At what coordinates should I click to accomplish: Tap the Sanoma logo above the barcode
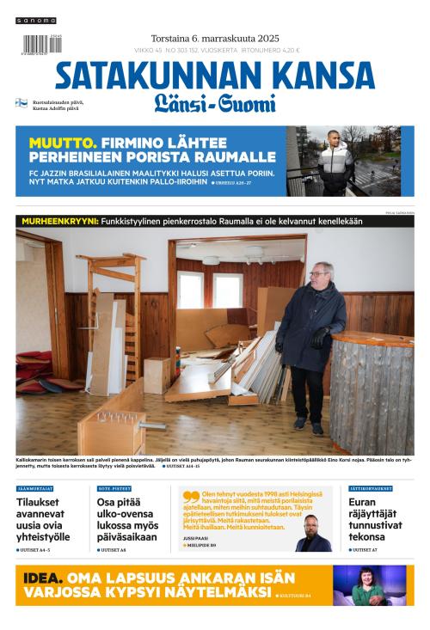pyautogui.click(x=35, y=20)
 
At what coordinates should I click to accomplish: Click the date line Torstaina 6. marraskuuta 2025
pyautogui.click(x=214, y=38)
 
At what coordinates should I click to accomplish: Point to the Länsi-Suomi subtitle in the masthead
pyautogui.click(x=214, y=104)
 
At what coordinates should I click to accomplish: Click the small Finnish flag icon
pyautogui.click(x=21, y=103)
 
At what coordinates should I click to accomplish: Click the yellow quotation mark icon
pyautogui.click(x=190, y=497)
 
